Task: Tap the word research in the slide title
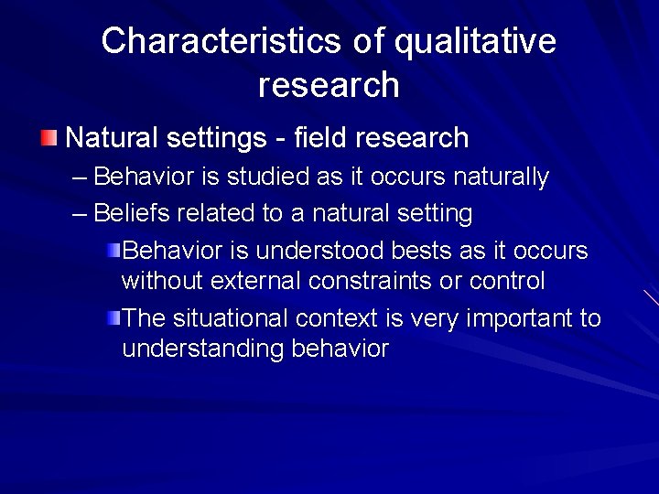coord(329,85)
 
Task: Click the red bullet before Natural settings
coord(49,139)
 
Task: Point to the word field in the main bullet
coord(321,138)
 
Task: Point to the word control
coord(507,281)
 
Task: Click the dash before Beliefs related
coord(80,214)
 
